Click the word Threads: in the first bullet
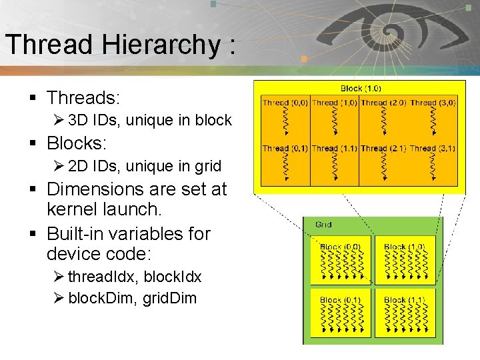coord(83,98)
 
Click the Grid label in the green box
coord(323,225)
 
